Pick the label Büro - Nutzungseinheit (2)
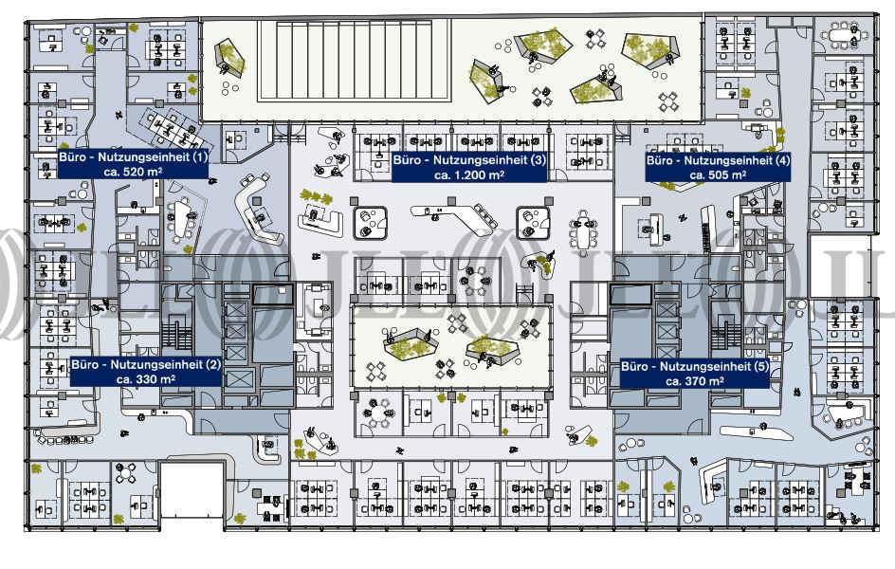tap(146, 364)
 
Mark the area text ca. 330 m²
tap(146, 378)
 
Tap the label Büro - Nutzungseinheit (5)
tap(694, 366)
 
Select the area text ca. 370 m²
tap(694, 380)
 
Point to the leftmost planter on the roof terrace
tap(228, 58)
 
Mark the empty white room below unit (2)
tap(192, 490)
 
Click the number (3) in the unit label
tap(539, 161)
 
